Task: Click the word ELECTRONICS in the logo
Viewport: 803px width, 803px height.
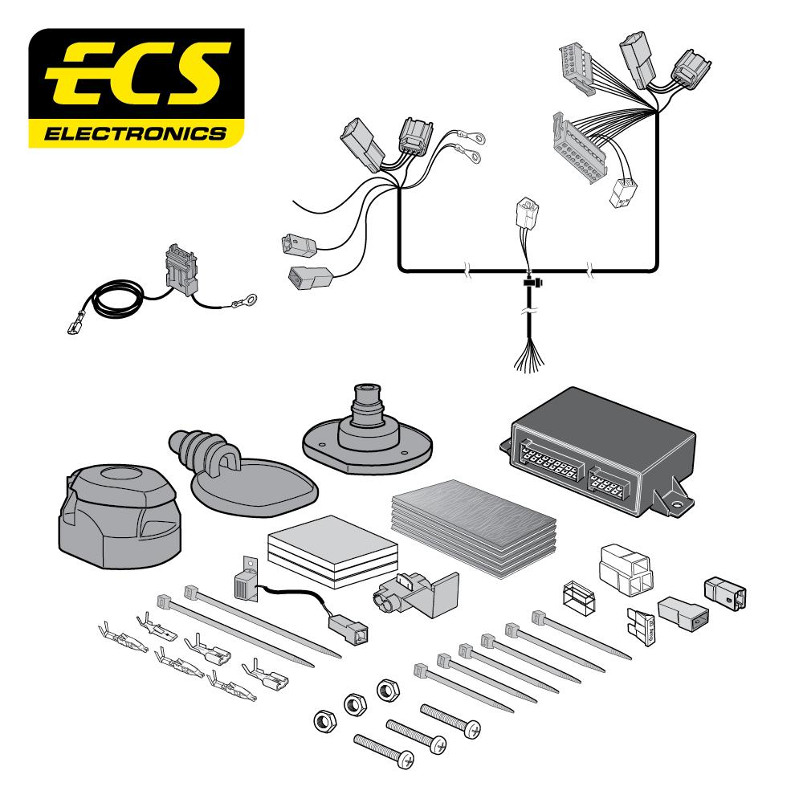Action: tap(134, 132)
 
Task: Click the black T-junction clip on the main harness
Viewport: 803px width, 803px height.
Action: tap(531, 283)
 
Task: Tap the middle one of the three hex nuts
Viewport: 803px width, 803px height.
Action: tap(351, 704)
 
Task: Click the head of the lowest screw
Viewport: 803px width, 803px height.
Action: tap(406, 756)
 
